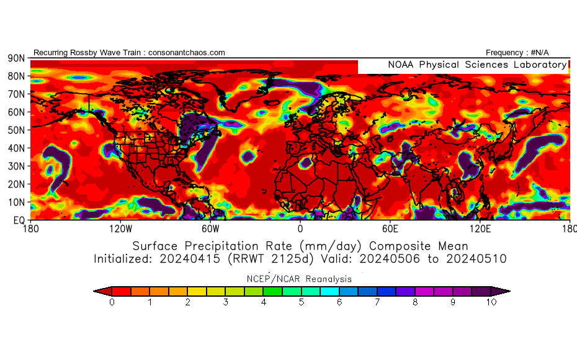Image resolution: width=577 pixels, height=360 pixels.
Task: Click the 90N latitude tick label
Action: point(16,58)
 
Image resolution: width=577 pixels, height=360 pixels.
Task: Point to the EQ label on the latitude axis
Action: point(18,220)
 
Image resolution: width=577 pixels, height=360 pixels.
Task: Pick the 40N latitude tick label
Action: point(16,148)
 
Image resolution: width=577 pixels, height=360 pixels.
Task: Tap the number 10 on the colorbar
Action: point(491,303)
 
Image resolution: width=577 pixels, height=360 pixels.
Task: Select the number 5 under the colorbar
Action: point(302,303)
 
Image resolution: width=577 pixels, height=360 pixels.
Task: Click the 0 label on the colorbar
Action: point(112,303)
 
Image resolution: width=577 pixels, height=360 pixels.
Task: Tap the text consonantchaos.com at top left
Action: point(187,53)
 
